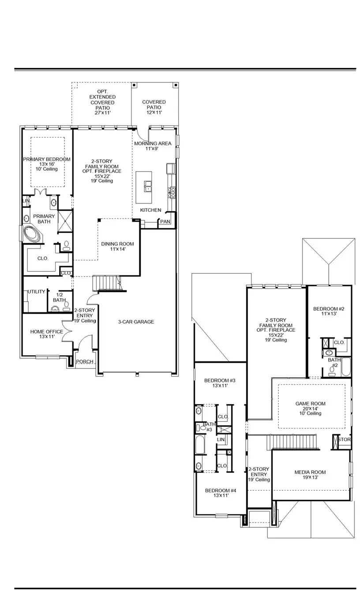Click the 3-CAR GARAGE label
tap(136, 322)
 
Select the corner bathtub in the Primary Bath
tap(32, 234)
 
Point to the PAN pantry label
tap(165, 221)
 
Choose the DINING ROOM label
tap(117, 244)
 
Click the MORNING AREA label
tap(153, 143)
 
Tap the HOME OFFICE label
tap(46, 331)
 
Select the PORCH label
tap(85, 362)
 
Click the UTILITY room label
tap(36, 292)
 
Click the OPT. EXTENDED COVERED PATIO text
tap(102, 102)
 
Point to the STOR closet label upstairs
tap(345, 439)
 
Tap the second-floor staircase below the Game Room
tap(294, 441)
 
